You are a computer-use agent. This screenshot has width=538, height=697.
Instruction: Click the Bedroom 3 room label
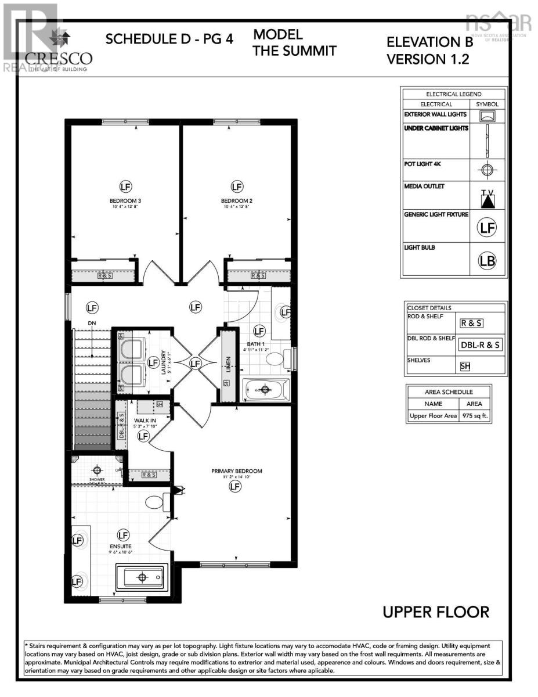coord(126,201)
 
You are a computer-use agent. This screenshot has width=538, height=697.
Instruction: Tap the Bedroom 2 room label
coord(237,201)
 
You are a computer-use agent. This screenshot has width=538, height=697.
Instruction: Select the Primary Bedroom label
coord(236,471)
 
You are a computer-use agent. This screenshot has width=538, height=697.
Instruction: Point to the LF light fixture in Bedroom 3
coord(126,186)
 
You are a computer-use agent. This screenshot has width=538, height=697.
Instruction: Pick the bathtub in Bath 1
coord(266,389)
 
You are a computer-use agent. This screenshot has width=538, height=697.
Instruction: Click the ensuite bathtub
coord(143,577)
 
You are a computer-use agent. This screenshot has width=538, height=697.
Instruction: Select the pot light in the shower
coord(98,469)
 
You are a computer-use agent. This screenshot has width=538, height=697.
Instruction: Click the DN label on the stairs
coord(92,323)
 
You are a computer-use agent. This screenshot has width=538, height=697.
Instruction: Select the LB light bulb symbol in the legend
coord(488,261)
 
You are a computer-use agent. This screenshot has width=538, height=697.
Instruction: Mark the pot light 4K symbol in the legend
coord(488,170)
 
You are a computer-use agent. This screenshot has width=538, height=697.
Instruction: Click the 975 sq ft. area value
coord(475,416)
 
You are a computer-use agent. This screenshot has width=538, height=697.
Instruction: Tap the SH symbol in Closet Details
coord(465,367)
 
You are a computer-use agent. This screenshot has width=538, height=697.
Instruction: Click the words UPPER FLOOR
coord(435,612)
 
